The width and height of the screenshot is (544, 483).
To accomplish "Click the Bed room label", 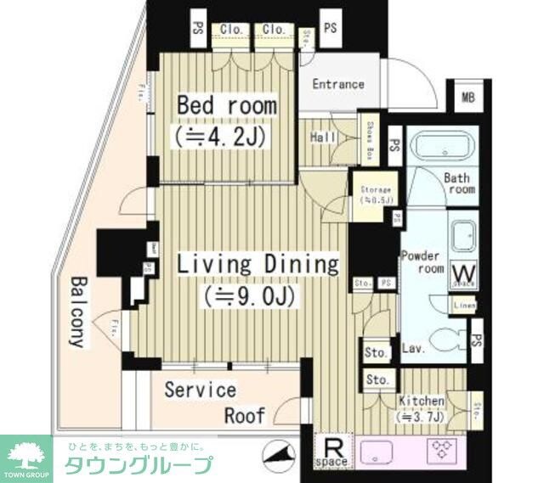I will click(x=226, y=106).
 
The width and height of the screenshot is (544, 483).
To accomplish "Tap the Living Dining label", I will click(x=257, y=264).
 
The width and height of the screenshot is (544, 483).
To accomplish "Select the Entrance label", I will click(x=337, y=84).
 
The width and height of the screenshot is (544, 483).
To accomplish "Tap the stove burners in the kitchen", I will click(x=444, y=449).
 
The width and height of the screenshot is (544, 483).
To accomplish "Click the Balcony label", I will click(x=77, y=312).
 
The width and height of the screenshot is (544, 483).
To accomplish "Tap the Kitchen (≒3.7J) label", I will click(x=420, y=407).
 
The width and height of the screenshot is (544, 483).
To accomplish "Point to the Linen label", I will click(x=464, y=306).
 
